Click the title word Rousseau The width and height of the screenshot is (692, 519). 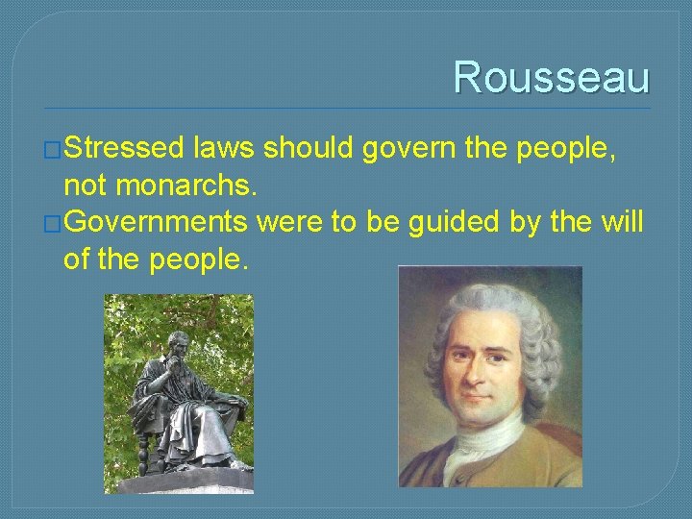pyautogui.click(x=551, y=77)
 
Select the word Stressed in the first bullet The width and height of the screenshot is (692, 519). pyautogui.click(x=125, y=150)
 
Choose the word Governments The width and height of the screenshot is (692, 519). pyautogui.click(x=159, y=223)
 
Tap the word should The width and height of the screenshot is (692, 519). pyautogui.click(x=309, y=150)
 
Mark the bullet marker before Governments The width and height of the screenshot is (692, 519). pyautogui.click(x=54, y=224)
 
